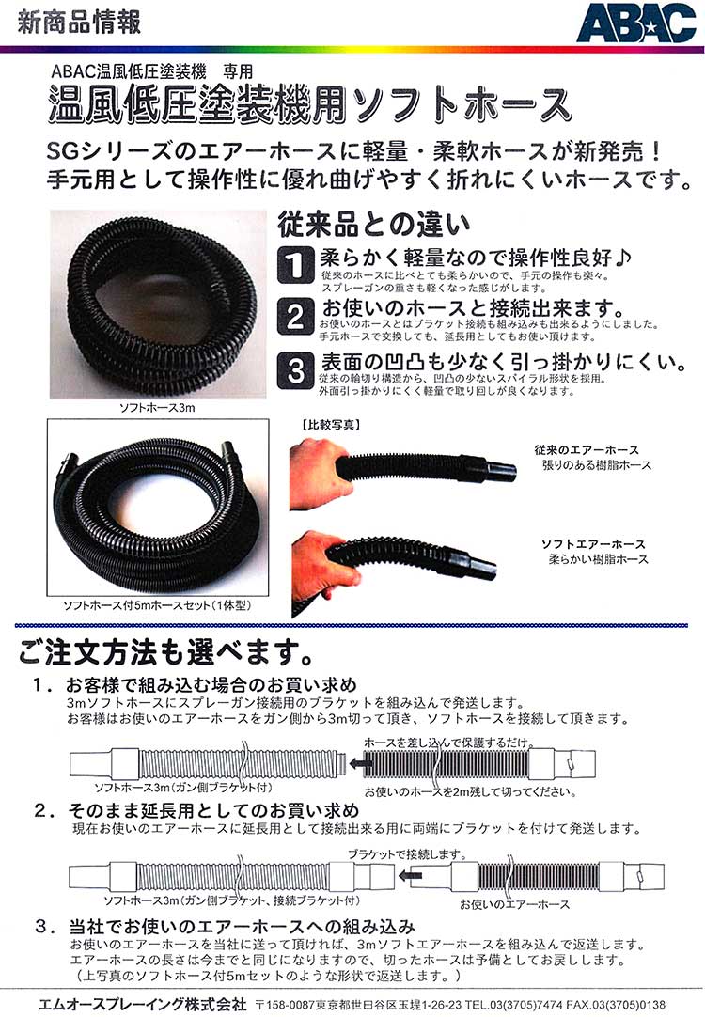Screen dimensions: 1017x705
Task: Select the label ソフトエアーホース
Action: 593,544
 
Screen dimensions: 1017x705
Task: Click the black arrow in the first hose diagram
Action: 357,763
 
